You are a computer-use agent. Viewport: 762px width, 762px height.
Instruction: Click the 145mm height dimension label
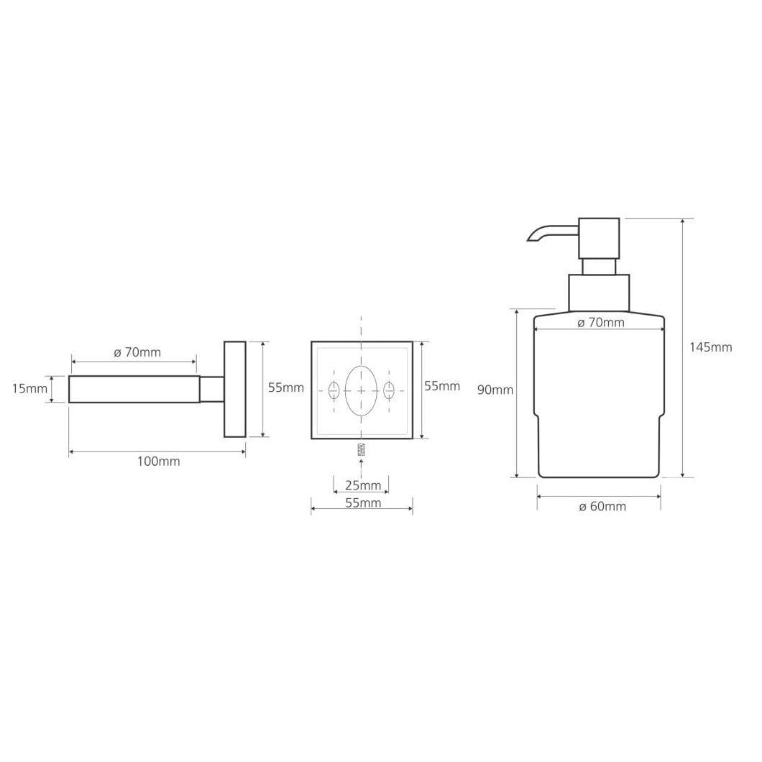(710, 347)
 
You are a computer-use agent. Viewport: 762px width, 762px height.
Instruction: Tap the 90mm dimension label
(495, 390)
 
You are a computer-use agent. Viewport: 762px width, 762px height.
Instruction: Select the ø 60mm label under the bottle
(602, 506)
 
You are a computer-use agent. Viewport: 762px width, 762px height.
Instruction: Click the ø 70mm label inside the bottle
(601, 322)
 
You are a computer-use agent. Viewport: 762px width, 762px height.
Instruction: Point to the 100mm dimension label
(158, 462)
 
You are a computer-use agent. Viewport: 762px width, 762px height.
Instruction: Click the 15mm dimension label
(29, 388)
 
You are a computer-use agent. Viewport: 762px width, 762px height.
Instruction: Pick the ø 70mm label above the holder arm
(137, 352)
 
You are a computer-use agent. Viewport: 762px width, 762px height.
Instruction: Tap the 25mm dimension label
(363, 485)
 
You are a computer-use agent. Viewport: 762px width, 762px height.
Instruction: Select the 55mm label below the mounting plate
(363, 502)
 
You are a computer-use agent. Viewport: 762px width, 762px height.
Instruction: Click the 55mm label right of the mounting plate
(442, 386)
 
